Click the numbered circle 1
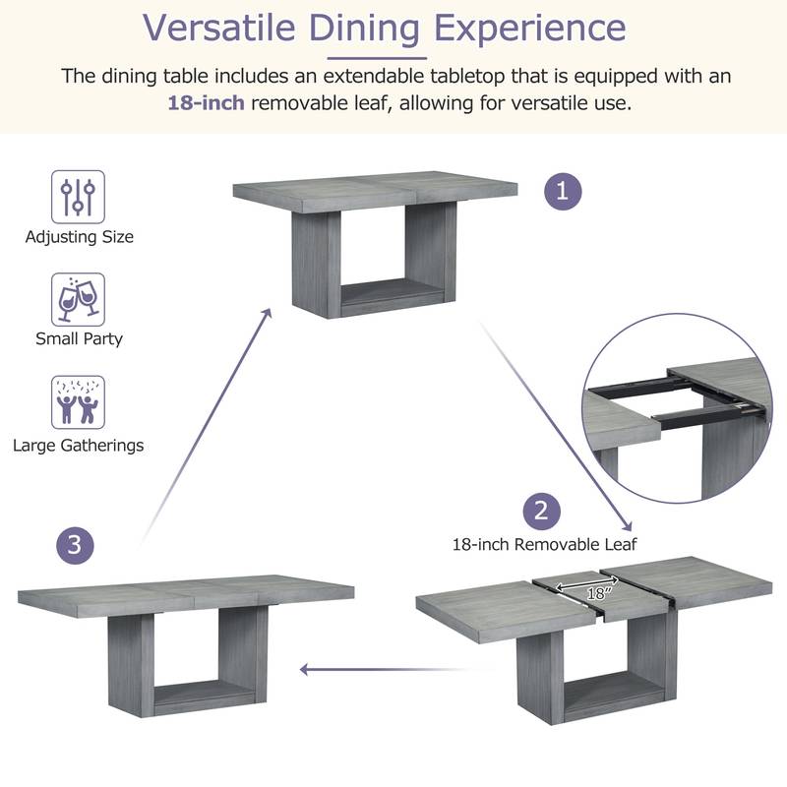coord(563,191)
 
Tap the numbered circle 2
coord(540,511)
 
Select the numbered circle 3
coord(76,544)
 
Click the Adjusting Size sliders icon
coord(78,197)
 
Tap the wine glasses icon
coord(78,299)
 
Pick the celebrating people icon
coord(78,401)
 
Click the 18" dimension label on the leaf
coord(596,594)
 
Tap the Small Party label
coord(79,338)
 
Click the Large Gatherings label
coord(79,445)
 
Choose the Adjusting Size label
coord(79,236)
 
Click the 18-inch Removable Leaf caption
coord(544,543)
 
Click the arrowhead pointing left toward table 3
coord(306,670)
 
